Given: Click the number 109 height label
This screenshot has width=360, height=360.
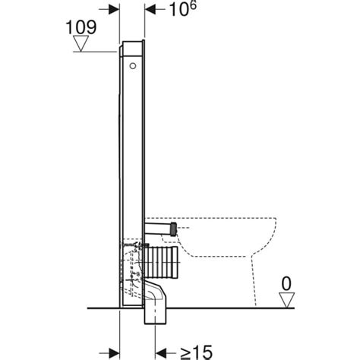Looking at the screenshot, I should pyautogui.click(x=82, y=27).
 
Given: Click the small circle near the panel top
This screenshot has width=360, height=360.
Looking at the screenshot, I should pyautogui.click(x=134, y=67).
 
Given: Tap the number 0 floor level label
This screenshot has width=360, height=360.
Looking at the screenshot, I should pyautogui.click(x=286, y=285).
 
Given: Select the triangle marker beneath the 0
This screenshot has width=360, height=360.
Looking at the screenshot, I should pyautogui.click(x=286, y=301).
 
